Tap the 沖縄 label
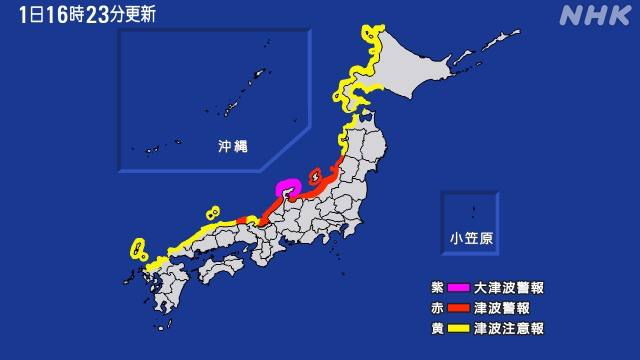(x=232, y=146)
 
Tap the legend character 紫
(x=426, y=288)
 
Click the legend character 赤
(x=426, y=308)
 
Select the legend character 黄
(x=426, y=328)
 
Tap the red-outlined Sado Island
(x=314, y=176)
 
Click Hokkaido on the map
(x=420, y=70)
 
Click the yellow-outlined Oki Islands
(x=212, y=212)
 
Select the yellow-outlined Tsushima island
(x=137, y=247)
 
